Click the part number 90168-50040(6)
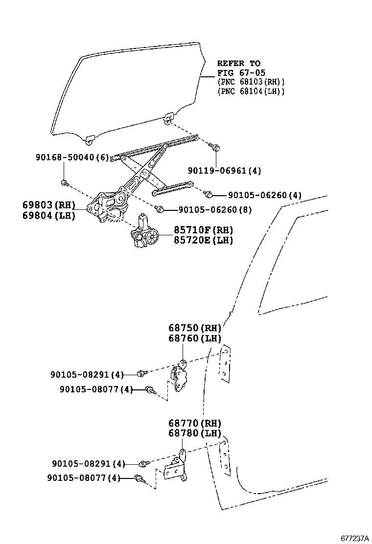coord(72,157)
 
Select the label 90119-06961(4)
coord(225,171)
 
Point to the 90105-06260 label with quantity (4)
coord(259,195)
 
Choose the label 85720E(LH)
coord(203,240)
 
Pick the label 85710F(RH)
coord(203,230)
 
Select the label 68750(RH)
coord(195,328)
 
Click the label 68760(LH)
coord(195,338)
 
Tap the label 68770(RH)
coord(195,423)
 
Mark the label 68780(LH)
coord(195,433)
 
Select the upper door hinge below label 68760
coord(179,377)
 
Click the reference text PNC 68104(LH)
coord(251,91)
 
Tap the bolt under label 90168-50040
coord(64,183)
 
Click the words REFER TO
coord(238,63)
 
